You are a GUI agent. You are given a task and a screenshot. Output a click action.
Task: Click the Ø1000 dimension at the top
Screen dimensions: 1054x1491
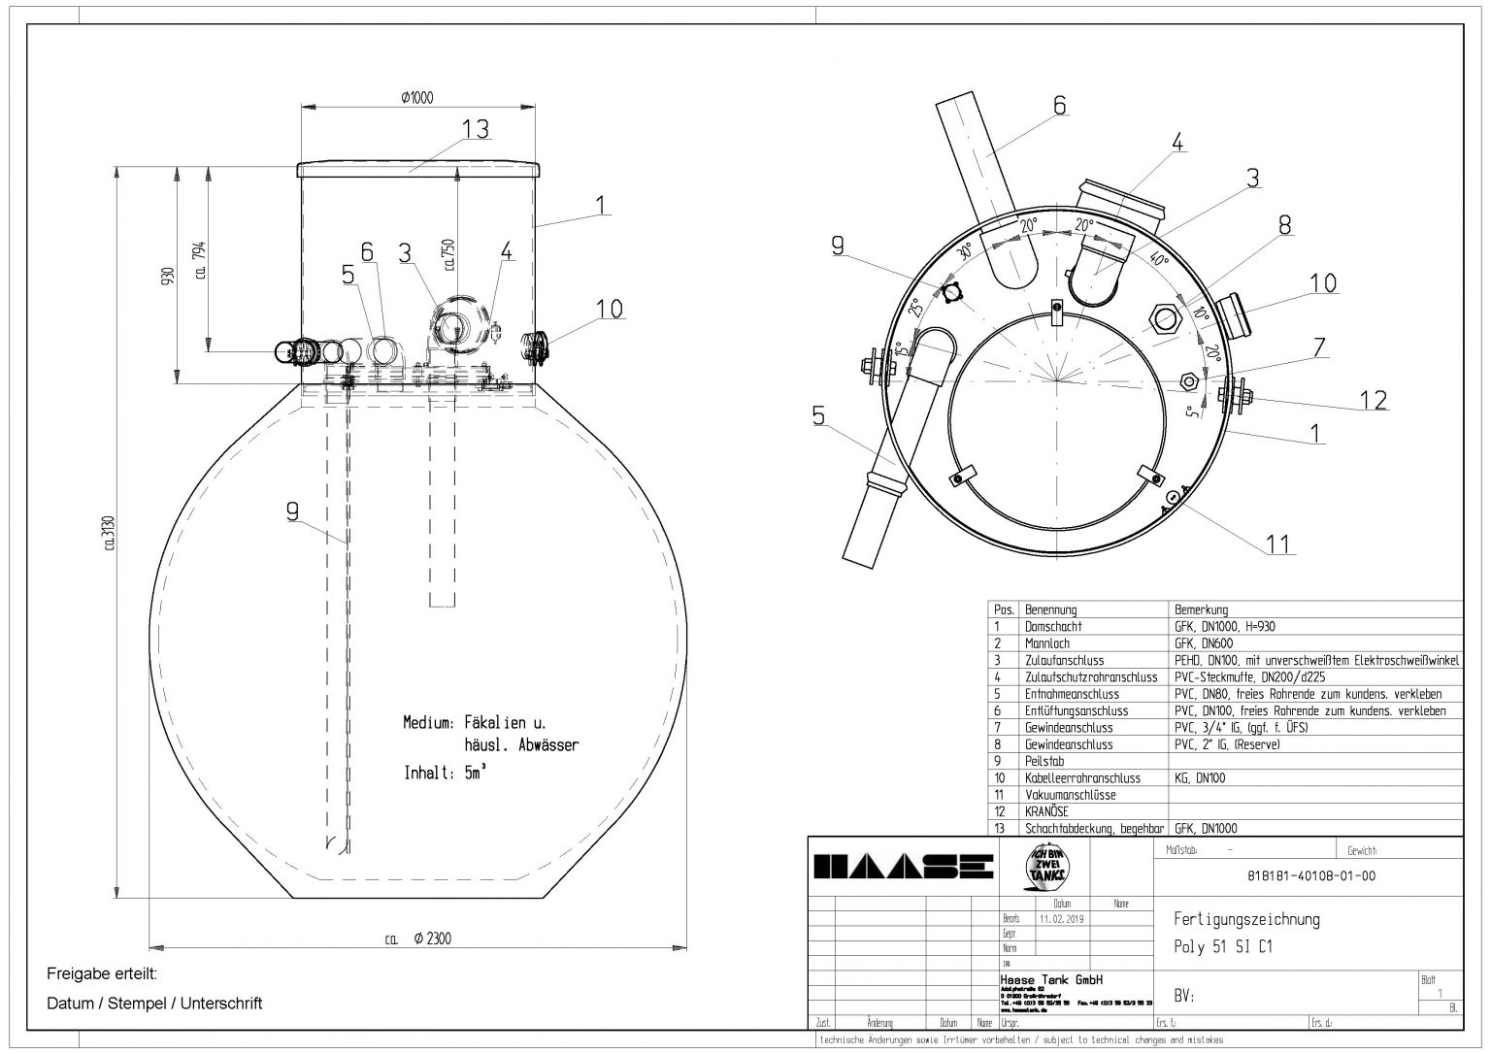[x=416, y=97]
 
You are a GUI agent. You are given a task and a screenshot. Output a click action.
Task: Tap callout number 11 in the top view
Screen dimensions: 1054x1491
[x=1279, y=544]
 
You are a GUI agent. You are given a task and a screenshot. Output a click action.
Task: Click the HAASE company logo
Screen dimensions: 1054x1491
[x=903, y=866]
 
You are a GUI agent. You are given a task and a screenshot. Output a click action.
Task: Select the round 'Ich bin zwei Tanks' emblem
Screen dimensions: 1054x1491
[x=1044, y=864]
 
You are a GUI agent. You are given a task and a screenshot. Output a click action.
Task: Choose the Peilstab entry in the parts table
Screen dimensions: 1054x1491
[x=1044, y=761]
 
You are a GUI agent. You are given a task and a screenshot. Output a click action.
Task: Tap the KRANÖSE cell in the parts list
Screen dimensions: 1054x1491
[x=1047, y=811]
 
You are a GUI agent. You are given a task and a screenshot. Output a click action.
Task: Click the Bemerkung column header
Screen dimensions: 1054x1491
[x=1201, y=610]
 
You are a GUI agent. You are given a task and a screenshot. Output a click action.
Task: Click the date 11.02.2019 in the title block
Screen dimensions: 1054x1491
[x=1060, y=917]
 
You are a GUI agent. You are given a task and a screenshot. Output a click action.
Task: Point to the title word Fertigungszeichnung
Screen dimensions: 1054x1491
[x=1246, y=919]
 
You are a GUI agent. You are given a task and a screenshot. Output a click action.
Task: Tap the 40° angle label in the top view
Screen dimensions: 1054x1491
[x=1157, y=260]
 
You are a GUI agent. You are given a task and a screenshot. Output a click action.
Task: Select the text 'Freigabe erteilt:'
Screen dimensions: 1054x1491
[x=101, y=973]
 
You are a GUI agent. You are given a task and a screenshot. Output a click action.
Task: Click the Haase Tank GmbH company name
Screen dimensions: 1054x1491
[x=1038, y=980]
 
